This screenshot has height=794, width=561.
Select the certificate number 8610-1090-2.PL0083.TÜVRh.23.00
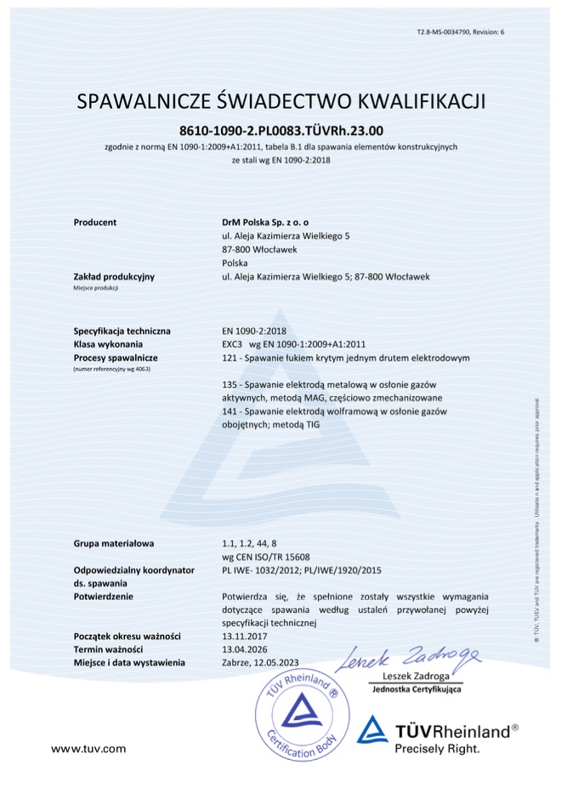[x=280, y=131]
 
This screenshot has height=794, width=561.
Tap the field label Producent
[x=94, y=222]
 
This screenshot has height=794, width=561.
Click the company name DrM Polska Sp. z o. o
[x=263, y=222]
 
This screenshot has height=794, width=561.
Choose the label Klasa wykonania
[x=110, y=344]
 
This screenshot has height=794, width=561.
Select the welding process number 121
[x=228, y=358]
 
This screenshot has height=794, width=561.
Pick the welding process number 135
[x=228, y=385]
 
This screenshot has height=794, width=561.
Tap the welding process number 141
[x=228, y=412]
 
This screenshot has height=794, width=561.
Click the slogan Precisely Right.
[x=438, y=749]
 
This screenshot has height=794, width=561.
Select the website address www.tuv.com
[x=88, y=748]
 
